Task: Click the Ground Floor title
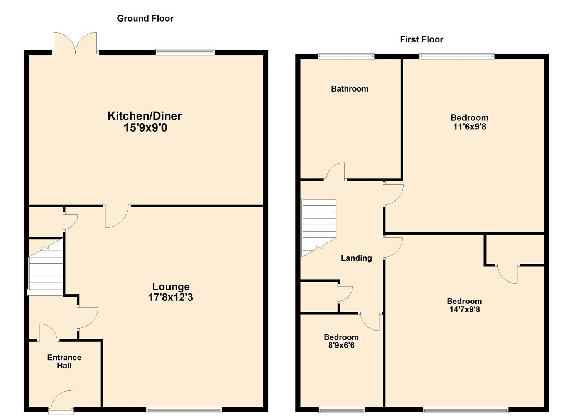point(145,19)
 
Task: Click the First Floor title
point(421,39)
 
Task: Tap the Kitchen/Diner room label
point(145,116)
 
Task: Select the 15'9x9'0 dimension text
point(145,128)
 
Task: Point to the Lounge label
point(171,286)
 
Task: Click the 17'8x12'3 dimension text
point(171,297)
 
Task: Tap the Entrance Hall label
point(64,361)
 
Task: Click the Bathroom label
point(350,89)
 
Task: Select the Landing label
point(356,258)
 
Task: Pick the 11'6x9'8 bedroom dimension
point(469,126)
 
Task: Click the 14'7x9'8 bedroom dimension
point(464,309)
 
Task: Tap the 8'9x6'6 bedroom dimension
point(341,345)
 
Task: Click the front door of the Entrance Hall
point(61,402)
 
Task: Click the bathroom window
point(346,56)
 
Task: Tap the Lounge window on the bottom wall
point(184,410)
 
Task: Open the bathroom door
point(335,172)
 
